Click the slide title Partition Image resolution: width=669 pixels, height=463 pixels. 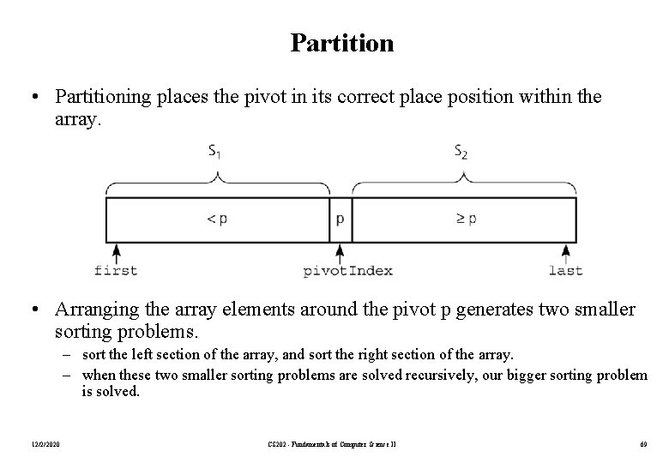point(341,43)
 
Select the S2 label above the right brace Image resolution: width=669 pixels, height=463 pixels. point(461,153)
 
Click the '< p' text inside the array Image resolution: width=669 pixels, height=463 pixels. point(218,219)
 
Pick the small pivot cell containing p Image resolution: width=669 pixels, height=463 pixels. point(341,219)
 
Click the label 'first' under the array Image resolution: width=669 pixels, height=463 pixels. point(116,271)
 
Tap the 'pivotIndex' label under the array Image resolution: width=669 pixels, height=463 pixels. point(348,271)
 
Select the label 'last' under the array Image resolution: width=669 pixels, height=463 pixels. point(565,271)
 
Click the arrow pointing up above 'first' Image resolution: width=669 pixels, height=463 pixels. point(116,253)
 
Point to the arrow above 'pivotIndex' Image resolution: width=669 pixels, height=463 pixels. point(341,253)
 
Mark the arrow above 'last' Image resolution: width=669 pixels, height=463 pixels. point(565,253)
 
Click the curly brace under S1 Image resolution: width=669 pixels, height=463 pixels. point(218,181)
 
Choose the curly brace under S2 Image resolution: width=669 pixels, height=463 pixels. point(464,181)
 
